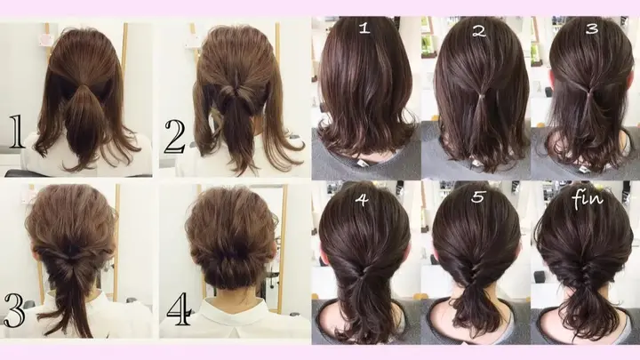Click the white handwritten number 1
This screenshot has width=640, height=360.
point(364,28)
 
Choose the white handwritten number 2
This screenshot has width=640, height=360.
point(478,31)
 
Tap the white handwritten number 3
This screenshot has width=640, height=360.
point(590,28)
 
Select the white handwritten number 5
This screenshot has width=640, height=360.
point(477,199)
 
